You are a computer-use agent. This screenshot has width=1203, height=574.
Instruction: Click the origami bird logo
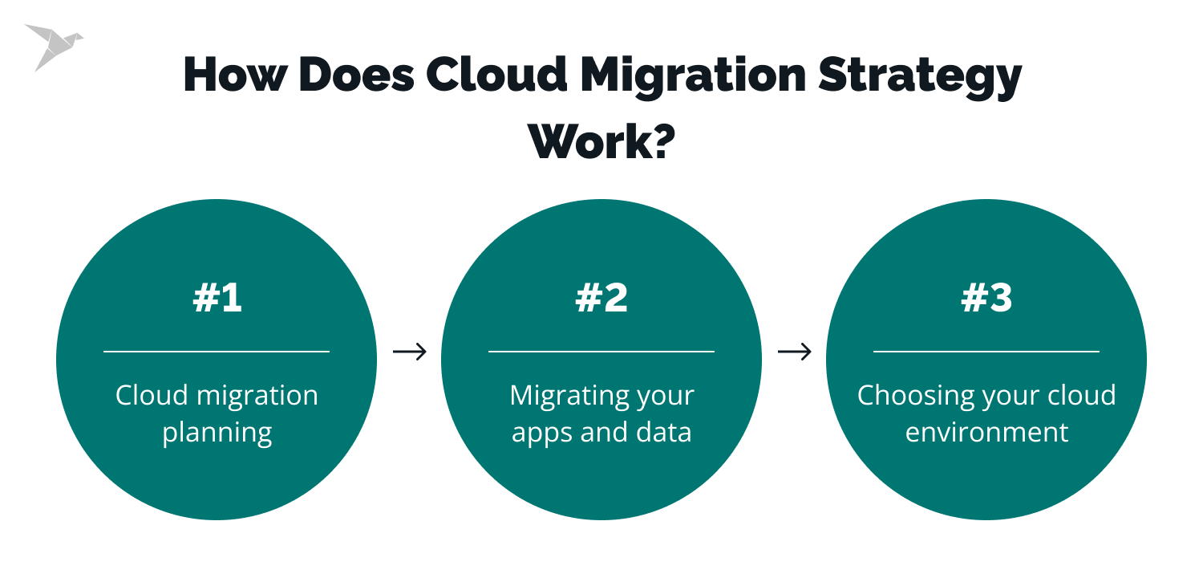(x=53, y=46)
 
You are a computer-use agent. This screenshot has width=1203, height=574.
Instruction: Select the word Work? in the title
(x=601, y=141)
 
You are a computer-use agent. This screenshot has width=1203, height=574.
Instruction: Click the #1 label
(x=217, y=298)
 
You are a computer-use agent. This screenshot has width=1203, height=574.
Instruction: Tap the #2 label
(x=601, y=298)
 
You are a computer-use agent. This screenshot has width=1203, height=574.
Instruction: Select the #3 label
(x=986, y=298)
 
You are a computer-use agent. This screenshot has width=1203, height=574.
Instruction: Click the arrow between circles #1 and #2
(x=410, y=352)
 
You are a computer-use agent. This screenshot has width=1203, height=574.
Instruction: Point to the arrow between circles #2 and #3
(x=795, y=352)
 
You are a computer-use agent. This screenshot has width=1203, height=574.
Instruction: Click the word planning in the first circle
(x=217, y=434)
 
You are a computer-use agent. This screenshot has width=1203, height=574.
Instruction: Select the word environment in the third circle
(x=986, y=432)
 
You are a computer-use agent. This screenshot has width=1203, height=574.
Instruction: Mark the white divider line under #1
(x=217, y=352)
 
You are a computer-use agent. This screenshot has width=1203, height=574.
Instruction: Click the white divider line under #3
(x=986, y=352)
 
